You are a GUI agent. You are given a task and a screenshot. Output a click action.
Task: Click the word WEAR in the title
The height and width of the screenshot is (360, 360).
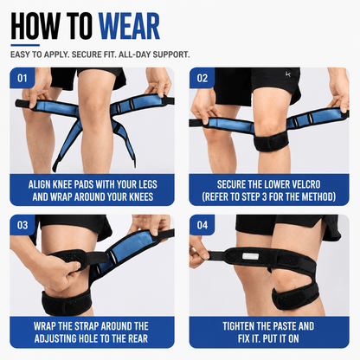129,26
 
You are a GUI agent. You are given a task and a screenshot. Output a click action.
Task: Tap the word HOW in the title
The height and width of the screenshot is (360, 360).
35,26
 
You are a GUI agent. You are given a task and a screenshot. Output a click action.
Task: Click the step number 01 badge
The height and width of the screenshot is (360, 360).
22,78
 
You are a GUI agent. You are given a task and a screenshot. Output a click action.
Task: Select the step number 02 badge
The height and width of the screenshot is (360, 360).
202,78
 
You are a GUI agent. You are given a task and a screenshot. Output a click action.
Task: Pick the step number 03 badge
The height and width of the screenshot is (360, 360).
22,225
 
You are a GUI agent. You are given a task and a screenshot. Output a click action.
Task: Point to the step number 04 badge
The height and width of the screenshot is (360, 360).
202,225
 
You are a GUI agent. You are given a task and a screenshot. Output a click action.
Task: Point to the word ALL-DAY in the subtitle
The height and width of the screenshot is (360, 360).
134,55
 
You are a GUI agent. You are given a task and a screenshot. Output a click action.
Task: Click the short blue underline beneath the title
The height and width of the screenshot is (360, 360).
25,45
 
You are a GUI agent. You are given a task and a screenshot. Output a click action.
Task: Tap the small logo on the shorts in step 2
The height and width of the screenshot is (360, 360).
288,74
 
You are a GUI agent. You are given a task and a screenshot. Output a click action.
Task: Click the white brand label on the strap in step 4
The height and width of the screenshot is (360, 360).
251,256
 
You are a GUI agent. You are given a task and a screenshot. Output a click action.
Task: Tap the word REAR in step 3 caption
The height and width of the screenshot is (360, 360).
138,338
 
